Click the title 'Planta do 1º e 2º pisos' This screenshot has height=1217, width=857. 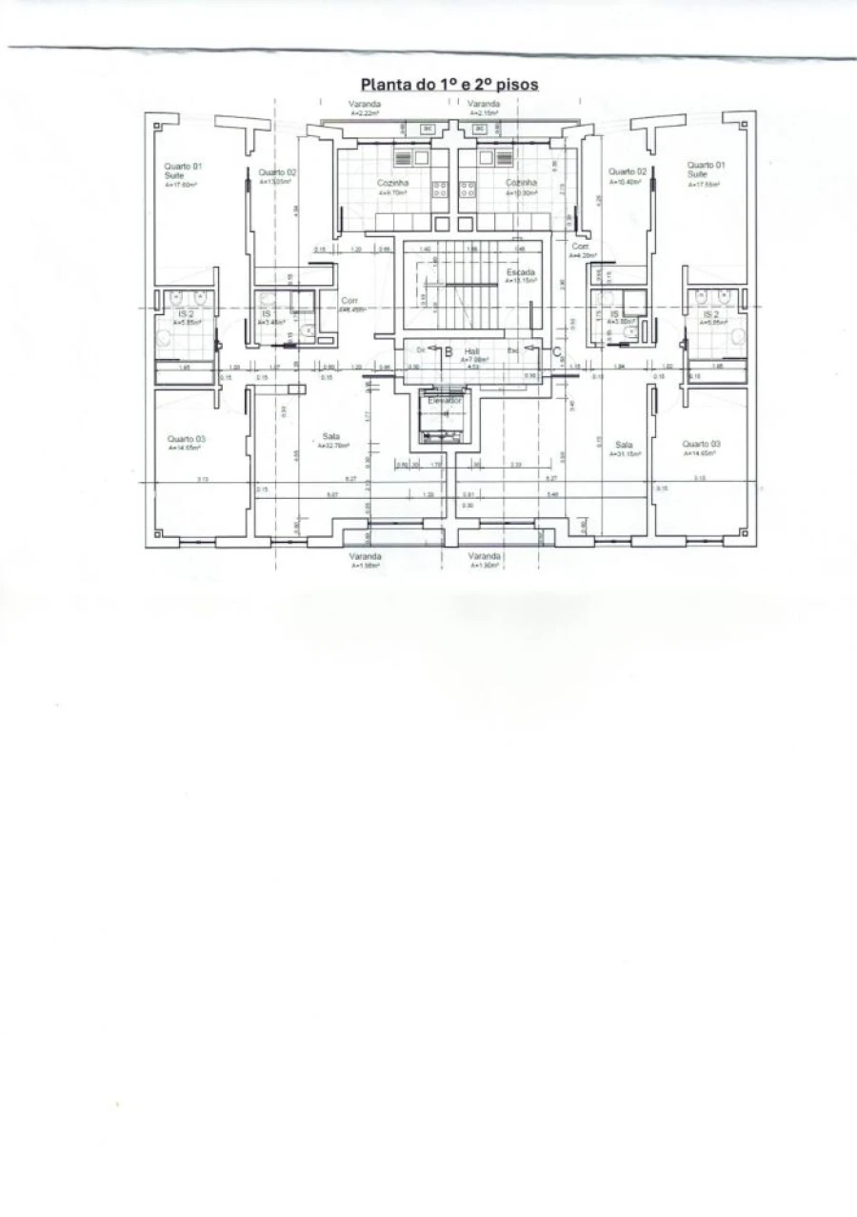(x=448, y=84)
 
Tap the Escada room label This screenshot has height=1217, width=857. (x=521, y=274)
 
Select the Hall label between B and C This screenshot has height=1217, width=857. (x=472, y=350)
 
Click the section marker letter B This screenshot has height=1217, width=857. (x=448, y=350)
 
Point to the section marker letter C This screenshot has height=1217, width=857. (x=556, y=350)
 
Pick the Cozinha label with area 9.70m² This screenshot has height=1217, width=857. (x=391, y=183)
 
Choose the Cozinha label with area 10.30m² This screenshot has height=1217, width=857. (x=521, y=183)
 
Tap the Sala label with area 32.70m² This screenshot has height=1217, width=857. (x=331, y=438)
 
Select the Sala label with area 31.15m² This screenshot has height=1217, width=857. (x=625, y=446)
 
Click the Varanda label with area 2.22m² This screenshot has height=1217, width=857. (x=366, y=104)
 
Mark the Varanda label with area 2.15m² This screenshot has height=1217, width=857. (x=485, y=104)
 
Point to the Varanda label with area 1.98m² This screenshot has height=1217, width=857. (x=366, y=556)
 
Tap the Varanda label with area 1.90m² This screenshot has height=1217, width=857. (x=485, y=556)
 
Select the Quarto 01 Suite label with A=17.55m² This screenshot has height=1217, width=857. (x=703, y=170)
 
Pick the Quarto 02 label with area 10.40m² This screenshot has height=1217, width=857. (x=626, y=172)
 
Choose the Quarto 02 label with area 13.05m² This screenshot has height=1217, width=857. (x=277, y=173)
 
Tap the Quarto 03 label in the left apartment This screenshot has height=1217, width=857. (x=186, y=440)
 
